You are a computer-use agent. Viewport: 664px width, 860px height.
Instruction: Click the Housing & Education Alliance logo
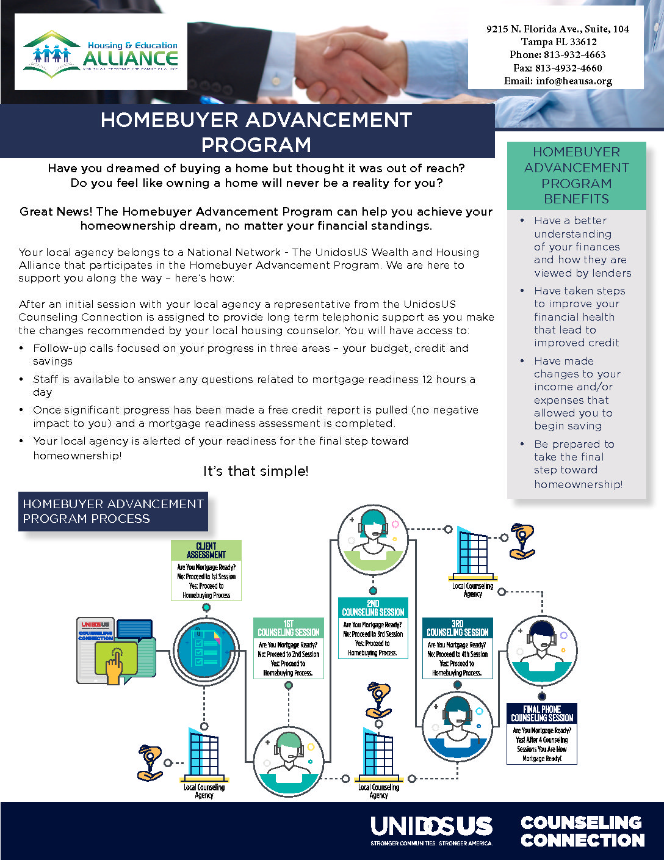(101, 56)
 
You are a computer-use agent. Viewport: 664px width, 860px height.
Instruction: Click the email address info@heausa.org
(558, 81)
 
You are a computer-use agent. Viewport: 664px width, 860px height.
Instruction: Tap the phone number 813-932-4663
(557, 54)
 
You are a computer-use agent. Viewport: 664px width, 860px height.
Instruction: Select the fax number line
(557, 68)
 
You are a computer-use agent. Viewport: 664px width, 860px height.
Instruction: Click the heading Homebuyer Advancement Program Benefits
(576, 176)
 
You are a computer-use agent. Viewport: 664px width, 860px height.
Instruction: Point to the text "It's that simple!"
(256, 471)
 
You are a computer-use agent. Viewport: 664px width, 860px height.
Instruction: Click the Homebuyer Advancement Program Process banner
(113, 511)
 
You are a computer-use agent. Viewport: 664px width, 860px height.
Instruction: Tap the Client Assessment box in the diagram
(206, 570)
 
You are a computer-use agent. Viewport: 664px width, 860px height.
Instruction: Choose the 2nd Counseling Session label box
(372, 628)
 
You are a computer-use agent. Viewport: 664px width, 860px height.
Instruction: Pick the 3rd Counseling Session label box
(457, 648)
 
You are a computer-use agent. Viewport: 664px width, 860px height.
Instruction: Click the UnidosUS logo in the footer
(431, 829)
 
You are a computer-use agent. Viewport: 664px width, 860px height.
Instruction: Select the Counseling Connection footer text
(582, 831)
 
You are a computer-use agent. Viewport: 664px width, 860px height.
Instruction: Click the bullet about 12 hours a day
(254, 385)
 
